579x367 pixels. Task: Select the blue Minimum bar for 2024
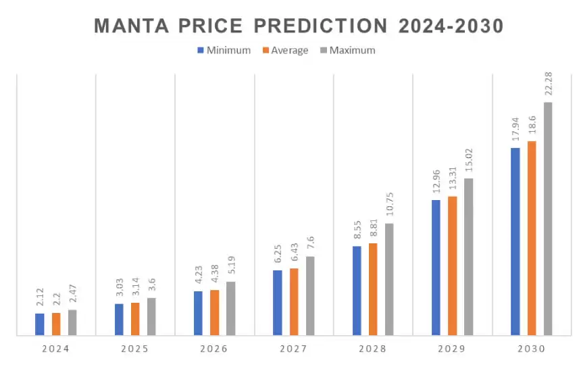tap(40, 324)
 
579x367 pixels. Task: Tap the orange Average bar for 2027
tap(294, 301)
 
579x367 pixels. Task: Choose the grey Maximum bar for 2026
tap(230, 308)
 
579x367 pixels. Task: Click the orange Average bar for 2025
tap(135, 318)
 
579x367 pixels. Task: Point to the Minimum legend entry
tap(224, 50)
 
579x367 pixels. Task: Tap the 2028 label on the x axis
tap(373, 349)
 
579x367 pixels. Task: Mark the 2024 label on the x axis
tap(56, 349)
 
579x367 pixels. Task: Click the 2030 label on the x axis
tap(532, 349)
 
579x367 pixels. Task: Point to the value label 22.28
tap(548, 81)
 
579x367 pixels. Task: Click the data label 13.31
tap(452, 180)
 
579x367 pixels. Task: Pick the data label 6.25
tap(278, 257)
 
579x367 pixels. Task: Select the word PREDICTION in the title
tap(326, 26)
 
